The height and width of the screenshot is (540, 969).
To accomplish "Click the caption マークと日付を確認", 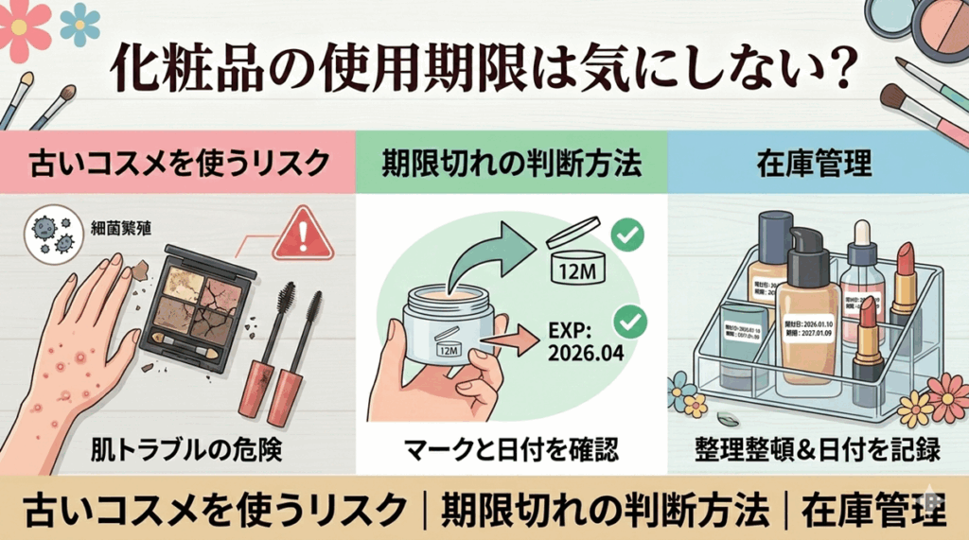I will click(512, 447).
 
